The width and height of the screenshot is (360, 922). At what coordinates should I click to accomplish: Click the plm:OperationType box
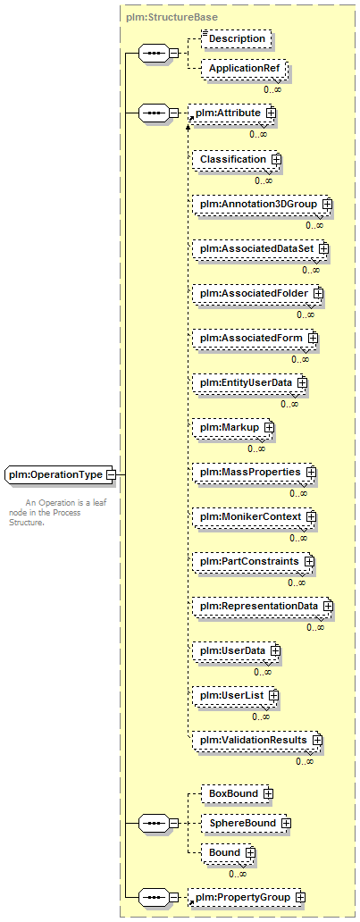pyautogui.click(x=58, y=474)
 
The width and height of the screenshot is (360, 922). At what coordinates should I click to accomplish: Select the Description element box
pyautogui.click(x=237, y=38)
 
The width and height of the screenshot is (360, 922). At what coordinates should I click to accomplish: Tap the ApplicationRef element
pyautogui.click(x=244, y=69)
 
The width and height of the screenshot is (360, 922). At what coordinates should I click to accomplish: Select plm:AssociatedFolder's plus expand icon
pyautogui.click(x=318, y=293)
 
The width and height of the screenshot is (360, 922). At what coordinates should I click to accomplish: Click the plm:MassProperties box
pyautogui.click(x=254, y=473)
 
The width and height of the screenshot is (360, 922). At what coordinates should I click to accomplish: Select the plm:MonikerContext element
pyautogui.click(x=254, y=517)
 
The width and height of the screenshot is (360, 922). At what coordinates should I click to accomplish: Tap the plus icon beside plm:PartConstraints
pyautogui.click(x=309, y=562)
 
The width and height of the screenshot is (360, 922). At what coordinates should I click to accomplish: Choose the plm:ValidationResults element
pyautogui.click(x=257, y=741)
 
